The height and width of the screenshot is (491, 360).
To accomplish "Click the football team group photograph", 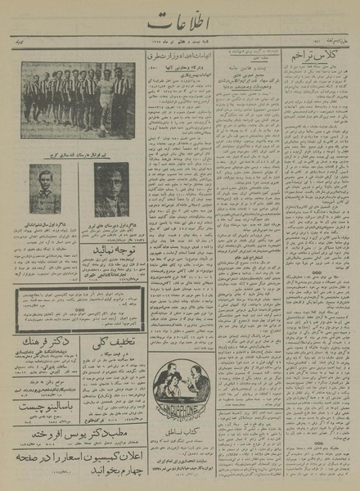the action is coord(78,99).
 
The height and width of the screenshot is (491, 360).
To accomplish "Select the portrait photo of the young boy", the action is coord(45,189).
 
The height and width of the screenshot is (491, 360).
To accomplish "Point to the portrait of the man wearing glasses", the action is coord(110,188).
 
